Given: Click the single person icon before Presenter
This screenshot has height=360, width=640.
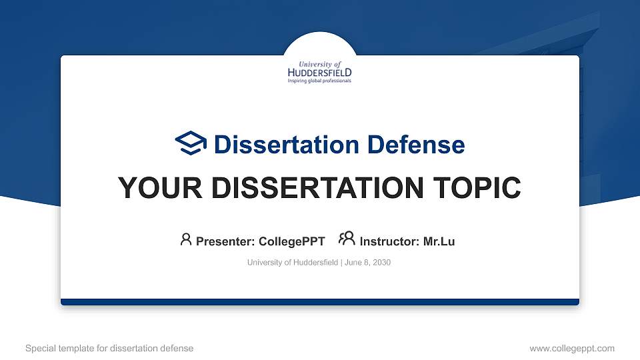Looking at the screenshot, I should point(186,240).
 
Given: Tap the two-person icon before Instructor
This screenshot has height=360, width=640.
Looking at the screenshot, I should point(347,240).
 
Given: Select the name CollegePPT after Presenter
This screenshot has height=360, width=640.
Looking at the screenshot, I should point(291,241).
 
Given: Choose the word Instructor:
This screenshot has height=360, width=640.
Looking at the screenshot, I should point(389,241).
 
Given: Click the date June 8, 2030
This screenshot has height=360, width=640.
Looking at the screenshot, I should point(367,263).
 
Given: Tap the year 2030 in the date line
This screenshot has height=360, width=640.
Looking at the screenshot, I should point(381,263).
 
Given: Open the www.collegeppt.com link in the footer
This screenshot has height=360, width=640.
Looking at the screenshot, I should point(571,348).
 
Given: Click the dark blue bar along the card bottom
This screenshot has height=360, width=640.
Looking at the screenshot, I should point(320,302).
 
